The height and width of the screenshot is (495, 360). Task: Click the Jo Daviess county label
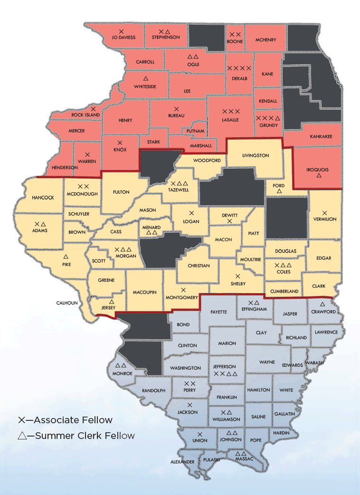pyautogui.click(x=123, y=37)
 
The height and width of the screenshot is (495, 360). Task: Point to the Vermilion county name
pyautogui.click(x=325, y=219)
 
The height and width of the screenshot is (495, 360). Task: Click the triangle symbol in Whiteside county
pyautogui.click(x=145, y=78)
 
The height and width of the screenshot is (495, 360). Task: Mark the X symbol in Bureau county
pyautogui.click(x=176, y=109)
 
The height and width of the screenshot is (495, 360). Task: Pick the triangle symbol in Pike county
pyautogui.click(x=66, y=256)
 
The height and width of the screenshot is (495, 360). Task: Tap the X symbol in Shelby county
pyautogui.click(x=238, y=276)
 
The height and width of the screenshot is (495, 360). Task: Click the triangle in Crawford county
pyautogui.click(x=323, y=304)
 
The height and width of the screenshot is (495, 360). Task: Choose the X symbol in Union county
pyautogui.click(x=200, y=434)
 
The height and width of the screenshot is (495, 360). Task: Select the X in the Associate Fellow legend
pyautogui.click(x=21, y=420)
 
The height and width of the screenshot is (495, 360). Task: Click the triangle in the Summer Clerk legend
pyautogui.click(x=21, y=436)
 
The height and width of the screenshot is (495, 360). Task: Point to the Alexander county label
pyautogui.click(x=182, y=462)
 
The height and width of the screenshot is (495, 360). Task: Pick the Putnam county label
pyautogui.click(x=195, y=131)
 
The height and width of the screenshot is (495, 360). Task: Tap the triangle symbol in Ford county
pyautogui.click(x=279, y=191)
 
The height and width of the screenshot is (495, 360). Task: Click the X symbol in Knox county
pyautogui.click(x=120, y=143)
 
